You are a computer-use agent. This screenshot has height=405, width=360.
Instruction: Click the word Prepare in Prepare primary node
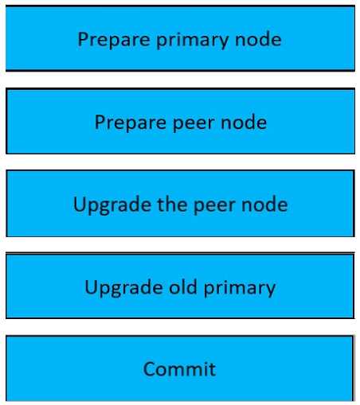[x=114, y=40]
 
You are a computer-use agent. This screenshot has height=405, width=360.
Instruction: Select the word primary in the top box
[x=193, y=40]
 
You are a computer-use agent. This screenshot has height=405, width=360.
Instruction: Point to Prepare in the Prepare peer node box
[x=131, y=123]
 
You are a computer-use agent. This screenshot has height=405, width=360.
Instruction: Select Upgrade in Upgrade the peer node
[x=112, y=205]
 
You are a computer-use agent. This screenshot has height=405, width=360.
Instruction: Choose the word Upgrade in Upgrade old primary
[x=123, y=287]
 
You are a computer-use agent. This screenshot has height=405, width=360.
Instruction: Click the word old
[x=183, y=286]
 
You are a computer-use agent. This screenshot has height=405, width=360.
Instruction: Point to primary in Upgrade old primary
[x=240, y=288]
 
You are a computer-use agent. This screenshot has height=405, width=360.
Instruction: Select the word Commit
[x=179, y=368]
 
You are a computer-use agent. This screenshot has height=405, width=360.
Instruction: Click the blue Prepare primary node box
[x=180, y=38]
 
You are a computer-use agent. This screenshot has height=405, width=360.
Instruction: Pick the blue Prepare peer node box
[x=180, y=121]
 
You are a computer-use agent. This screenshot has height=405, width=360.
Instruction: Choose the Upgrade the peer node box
[x=180, y=203]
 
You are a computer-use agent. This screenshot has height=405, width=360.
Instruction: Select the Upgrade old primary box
[x=180, y=286]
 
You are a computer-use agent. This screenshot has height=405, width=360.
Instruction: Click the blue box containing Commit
[x=180, y=368]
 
